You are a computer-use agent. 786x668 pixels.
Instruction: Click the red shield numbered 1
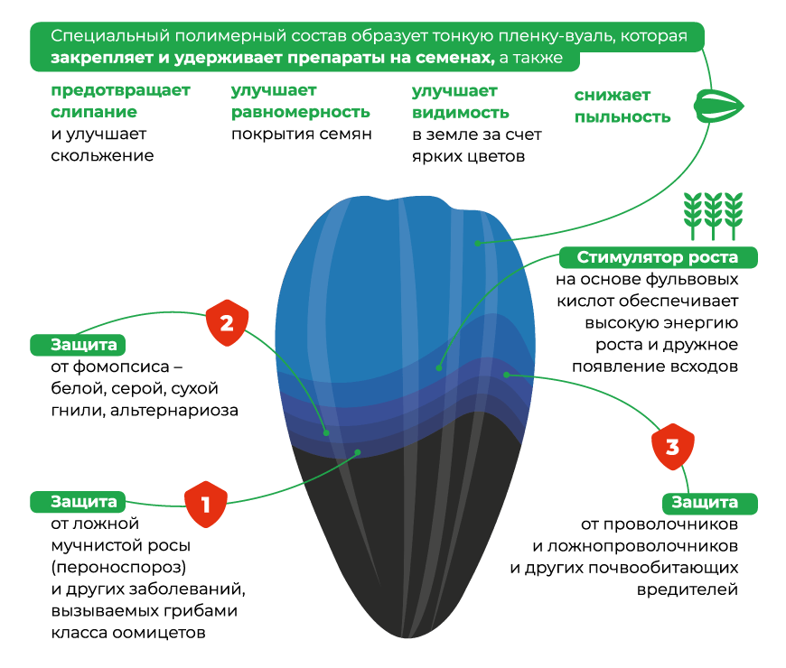point(205,505)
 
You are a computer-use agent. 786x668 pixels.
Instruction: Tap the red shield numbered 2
point(227,323)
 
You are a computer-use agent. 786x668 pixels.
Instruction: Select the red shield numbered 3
point(673,447)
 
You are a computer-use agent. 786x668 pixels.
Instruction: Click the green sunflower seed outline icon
point(719,107)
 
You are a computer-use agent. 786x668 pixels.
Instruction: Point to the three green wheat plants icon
point(714,216)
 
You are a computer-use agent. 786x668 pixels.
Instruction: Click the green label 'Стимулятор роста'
point(658,257)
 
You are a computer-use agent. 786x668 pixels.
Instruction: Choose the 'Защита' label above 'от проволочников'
point(709,503)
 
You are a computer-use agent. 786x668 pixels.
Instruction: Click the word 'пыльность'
point(622,116)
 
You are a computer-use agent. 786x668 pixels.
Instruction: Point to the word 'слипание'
point(94,112)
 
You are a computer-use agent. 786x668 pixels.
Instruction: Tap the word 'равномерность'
point(300,112)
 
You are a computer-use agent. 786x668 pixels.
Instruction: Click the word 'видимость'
point(460,113)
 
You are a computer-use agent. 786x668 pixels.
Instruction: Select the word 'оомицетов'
point(159,633)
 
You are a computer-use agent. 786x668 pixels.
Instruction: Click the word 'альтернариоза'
point(174,411)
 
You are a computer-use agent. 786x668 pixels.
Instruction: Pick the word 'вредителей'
point(688,589)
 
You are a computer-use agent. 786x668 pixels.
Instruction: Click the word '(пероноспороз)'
point(118,568)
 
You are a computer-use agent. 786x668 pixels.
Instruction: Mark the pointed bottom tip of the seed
point(407,637)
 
